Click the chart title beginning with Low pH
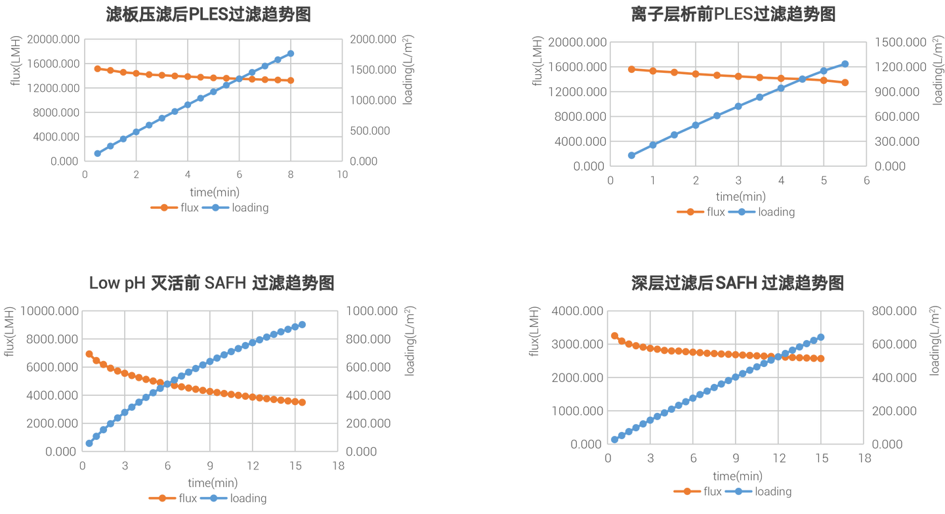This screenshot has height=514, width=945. coord(212,283)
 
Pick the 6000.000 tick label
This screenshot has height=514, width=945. coord(51,366)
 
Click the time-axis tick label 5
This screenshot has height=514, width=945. coord(824,180)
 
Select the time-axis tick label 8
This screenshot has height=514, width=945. coord(291,175)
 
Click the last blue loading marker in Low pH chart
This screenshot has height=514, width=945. coord(303,324)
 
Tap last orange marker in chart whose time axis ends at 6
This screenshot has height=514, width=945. coord(845,83)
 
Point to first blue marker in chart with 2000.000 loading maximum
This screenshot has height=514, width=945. coord(97,154)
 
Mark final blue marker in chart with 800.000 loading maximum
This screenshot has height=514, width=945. coord(821,337)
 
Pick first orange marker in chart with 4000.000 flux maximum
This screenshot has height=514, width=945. coord(614,335)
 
